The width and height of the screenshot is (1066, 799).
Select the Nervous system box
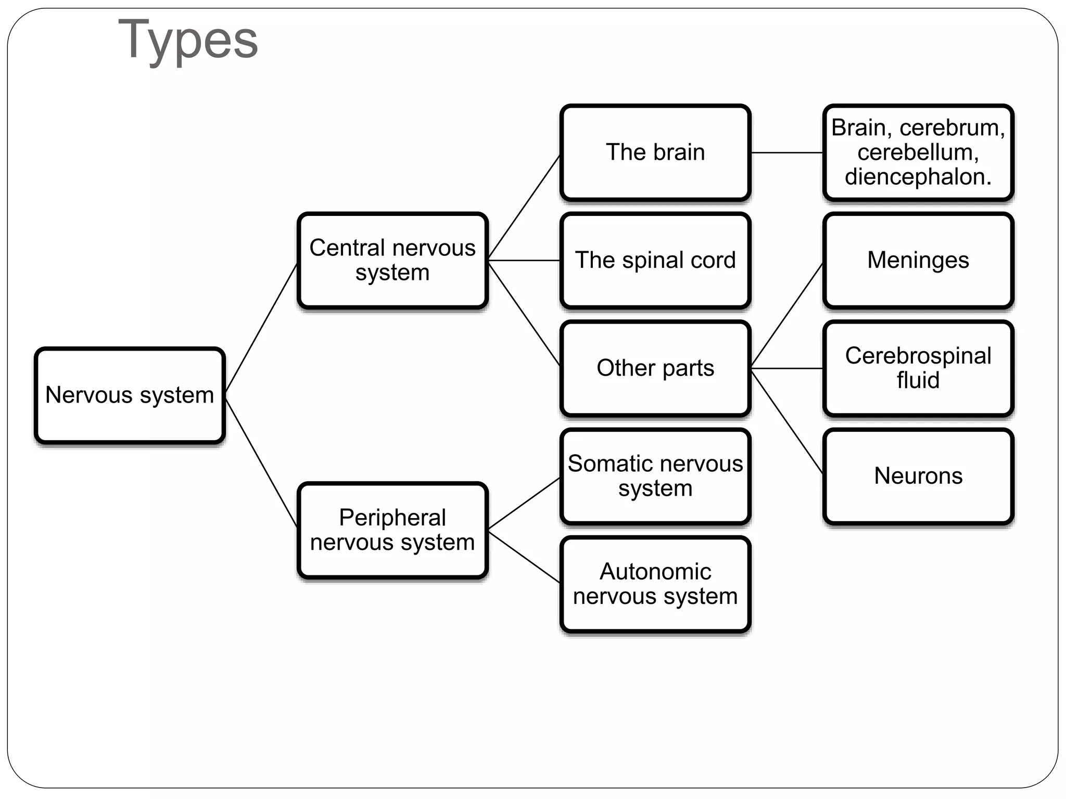click(130, 395)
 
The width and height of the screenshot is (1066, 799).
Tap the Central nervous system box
click(392, 260)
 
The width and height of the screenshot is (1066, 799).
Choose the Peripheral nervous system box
click(392, 530)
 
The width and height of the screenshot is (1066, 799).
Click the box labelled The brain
click(655, 152)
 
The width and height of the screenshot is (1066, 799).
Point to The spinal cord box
click(655, 260)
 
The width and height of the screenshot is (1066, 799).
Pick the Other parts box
click(655, 368)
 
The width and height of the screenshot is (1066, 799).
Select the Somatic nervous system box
click(655, 476)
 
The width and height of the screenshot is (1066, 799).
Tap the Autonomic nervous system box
click(655, 584)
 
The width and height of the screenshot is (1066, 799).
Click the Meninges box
click(918, 260)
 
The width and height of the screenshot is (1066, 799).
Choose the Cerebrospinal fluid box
click(918, 368)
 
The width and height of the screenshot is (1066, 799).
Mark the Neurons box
click(918, 476)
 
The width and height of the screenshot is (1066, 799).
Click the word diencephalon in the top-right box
click(918, 177)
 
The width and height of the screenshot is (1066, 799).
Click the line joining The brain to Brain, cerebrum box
click(787, 152)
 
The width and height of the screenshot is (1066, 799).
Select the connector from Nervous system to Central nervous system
click(261, 328)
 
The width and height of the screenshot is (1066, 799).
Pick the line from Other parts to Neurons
click(787, 421)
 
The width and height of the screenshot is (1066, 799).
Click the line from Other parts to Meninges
click(787, 315)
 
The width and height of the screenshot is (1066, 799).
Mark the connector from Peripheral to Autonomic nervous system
click(524, 556)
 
